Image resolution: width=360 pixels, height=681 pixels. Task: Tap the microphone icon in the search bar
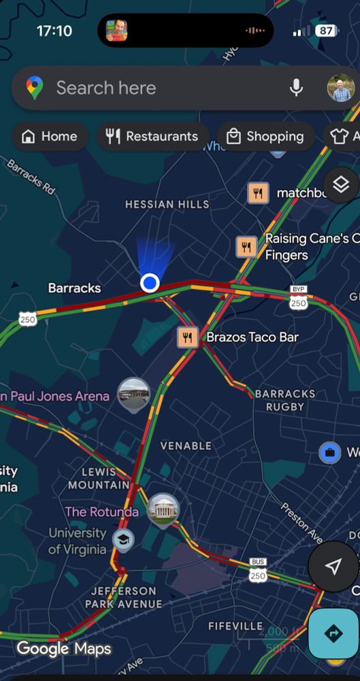click(296, 88)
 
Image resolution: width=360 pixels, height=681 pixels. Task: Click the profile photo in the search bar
click(340, 88)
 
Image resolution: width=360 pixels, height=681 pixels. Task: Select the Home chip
click(50, 136)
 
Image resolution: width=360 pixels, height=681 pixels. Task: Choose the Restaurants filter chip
click(152, 136)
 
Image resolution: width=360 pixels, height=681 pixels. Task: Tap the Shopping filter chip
click(265, 136)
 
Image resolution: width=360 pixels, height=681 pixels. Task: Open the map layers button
click(340, 184)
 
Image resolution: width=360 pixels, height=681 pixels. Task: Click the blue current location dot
click(150, 283)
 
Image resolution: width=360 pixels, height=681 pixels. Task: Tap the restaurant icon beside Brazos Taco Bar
click(188, 337)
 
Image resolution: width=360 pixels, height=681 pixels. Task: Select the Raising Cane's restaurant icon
click(246, 247)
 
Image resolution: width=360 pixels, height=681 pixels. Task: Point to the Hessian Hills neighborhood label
click(167, 204)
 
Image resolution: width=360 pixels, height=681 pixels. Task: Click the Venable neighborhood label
click(186, 445)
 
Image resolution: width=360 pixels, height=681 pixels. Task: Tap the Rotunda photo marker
click(163, 510)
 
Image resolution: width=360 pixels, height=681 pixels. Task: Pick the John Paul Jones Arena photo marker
click(133, 394)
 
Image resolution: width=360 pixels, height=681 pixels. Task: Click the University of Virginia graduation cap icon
click(123, 540)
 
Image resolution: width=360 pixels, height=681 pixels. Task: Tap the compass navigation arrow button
click(333, 567)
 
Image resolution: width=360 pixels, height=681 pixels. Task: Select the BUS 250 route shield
click(258, 571)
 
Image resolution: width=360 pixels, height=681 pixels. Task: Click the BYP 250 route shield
click(298, 298)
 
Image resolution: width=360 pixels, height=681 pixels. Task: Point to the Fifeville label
click(235, 626)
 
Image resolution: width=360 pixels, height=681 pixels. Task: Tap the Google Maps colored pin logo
click(35, 88)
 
